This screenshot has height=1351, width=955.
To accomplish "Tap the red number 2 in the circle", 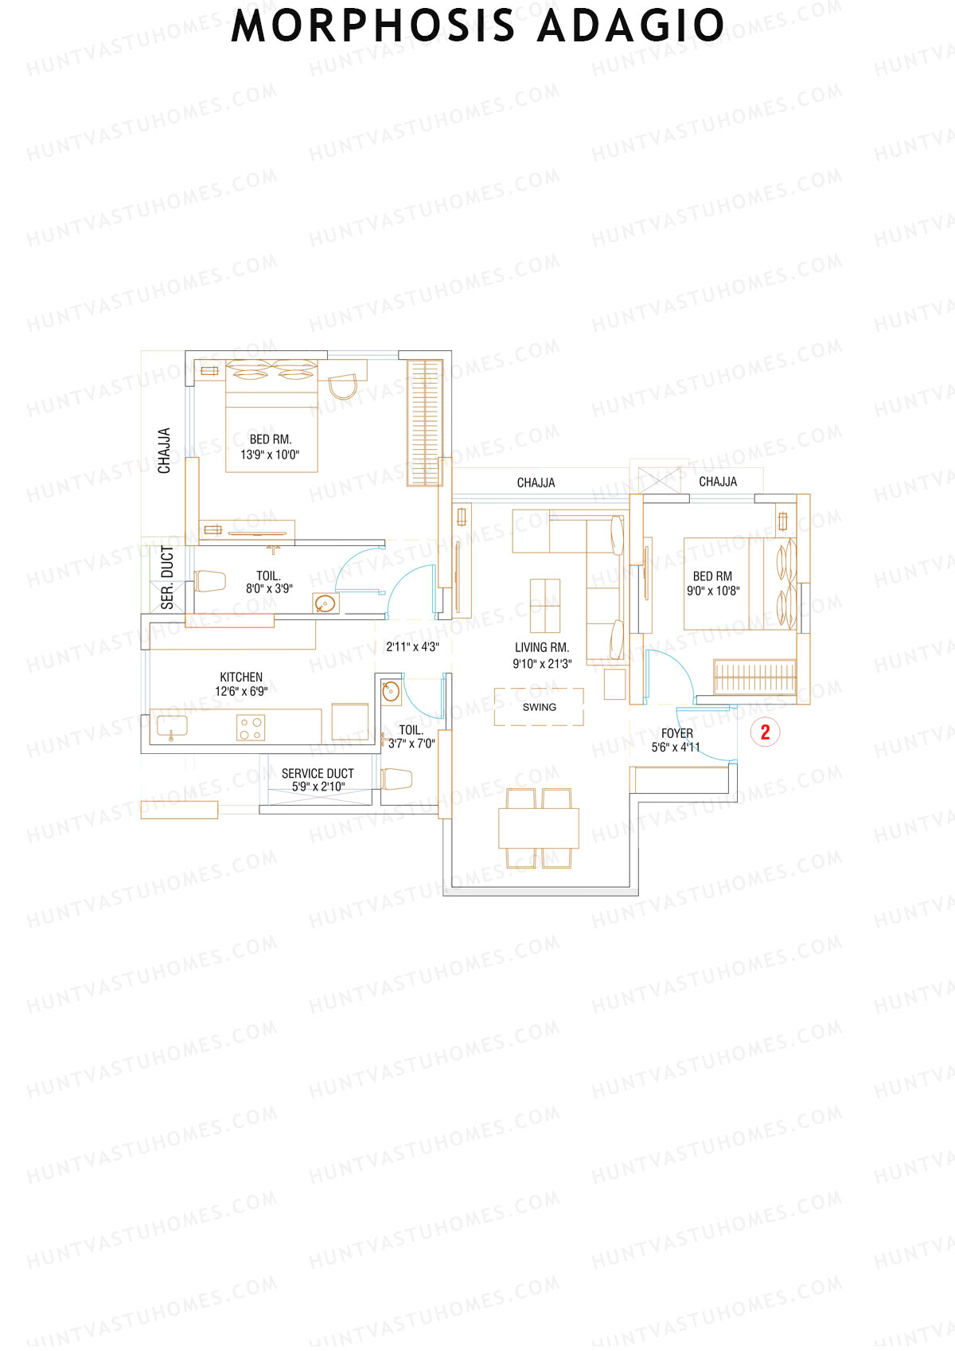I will (766, 732).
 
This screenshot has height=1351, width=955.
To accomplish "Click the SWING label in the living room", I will (539, 707).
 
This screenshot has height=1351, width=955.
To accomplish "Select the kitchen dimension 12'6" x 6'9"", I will (241, 692).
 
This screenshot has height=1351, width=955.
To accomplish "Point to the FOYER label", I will (677, 733).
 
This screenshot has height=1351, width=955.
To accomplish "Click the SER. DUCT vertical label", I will (167, 577).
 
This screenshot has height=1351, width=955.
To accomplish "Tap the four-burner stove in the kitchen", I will (251, 728).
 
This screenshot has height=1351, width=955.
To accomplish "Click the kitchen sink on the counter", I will (172, 727).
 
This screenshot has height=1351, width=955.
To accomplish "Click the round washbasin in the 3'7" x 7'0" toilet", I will (391, 691).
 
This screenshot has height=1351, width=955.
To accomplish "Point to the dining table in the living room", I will (539, 828).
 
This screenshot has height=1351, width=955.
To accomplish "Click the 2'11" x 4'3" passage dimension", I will (412, 647).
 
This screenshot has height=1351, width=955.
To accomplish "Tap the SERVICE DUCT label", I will (318, 773).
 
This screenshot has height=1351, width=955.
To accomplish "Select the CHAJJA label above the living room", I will (536, 483).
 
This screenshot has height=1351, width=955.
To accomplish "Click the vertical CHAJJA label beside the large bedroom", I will (164, 451).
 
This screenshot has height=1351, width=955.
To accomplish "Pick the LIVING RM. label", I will (542, 648).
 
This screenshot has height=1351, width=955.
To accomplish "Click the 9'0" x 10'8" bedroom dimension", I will (713, 591).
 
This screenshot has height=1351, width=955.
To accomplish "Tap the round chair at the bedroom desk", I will (344, 388).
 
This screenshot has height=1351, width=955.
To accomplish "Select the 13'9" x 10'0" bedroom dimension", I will (270, 455).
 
